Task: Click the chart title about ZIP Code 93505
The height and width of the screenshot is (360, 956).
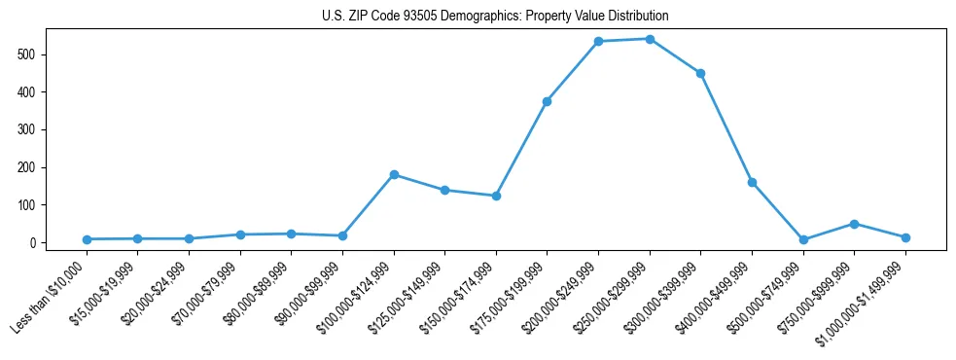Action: (x=495, y=17)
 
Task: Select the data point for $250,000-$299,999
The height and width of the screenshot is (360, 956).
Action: (x=650, y=39)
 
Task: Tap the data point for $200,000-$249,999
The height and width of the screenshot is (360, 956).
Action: (x=598, y=42)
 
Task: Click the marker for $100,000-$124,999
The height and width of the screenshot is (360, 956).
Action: (x=394, y=174)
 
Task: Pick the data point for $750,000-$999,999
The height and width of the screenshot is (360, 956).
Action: (x=854, y=224)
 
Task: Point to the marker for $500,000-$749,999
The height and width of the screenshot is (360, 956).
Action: (x=803, y=239)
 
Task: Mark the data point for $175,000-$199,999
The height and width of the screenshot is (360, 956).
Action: (x=548, y=101)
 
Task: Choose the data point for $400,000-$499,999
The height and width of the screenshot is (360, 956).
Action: (x=752, y=182)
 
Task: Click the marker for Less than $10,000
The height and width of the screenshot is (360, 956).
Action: (x=87, y=239)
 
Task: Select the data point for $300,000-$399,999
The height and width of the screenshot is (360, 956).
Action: (x=700, y=73)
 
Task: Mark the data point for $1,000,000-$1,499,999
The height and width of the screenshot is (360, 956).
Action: (x=905, y=237)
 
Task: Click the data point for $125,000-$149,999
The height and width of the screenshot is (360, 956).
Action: (x=444, y=190)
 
